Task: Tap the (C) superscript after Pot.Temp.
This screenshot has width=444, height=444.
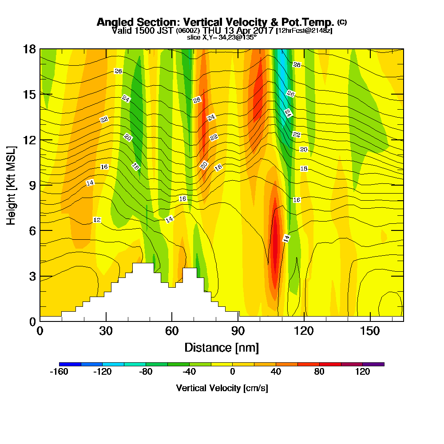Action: [342, 22]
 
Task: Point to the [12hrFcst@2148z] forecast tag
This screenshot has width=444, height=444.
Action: [304, 31]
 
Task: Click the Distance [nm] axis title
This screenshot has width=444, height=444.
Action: [222, 347]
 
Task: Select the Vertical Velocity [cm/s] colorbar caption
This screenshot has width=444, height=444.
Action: [222, 388]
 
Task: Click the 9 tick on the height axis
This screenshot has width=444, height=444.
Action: [32, 185]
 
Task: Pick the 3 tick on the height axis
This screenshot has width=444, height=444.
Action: [32, 276]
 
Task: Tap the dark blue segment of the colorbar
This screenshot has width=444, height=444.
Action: [70, 364]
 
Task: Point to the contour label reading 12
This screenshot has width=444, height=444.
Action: [97, 220]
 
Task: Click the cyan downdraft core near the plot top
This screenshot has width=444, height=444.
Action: [281, 67]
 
